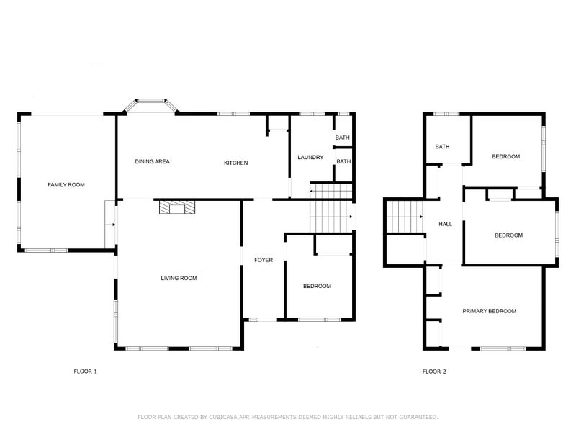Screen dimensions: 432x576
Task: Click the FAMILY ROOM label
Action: [66, 185]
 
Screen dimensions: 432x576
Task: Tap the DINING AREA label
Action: [152, 162]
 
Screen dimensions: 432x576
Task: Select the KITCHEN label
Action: [235, 163]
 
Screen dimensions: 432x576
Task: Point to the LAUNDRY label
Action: [310, 157]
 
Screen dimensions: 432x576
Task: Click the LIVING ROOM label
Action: [179, 278]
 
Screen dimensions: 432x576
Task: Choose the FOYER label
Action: [264, 260]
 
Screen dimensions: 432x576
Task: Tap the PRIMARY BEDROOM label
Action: [489, 311]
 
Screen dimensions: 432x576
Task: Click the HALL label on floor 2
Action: [446, 225]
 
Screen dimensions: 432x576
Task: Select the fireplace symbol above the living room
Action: [176, 207]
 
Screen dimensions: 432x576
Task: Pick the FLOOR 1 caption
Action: [85, 372]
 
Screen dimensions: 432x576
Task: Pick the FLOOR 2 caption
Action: [434, 372]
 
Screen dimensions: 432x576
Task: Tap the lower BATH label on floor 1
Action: [343, 161]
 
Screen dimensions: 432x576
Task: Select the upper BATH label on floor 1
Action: [342, 138]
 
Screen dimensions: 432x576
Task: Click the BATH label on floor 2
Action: [442, 147]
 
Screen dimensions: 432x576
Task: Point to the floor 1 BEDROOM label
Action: [317, 286]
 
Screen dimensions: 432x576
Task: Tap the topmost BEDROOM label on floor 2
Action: [505, 156]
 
